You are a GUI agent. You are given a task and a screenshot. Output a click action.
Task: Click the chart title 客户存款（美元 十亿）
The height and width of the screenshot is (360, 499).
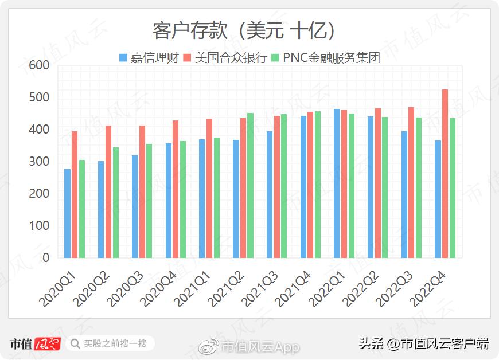point(244,30)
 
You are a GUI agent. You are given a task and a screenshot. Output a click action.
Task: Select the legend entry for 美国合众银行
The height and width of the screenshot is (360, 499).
point(225,58)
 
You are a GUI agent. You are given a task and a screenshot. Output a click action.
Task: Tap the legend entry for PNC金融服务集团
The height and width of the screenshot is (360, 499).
point(326,58)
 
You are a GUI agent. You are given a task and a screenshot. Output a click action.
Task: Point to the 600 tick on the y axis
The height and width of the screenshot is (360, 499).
point(39,66)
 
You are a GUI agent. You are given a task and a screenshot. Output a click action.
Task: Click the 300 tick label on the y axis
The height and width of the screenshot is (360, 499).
point(39,162)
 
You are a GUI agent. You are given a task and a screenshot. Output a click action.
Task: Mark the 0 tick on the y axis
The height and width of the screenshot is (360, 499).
point(46,258)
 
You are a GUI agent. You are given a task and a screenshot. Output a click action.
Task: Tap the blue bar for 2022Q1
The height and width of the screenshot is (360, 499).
point(337,183)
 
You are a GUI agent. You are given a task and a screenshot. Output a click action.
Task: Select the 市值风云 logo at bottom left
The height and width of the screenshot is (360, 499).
point(34,344)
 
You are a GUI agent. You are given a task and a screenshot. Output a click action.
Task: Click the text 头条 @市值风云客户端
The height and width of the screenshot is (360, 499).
point(424,344)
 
